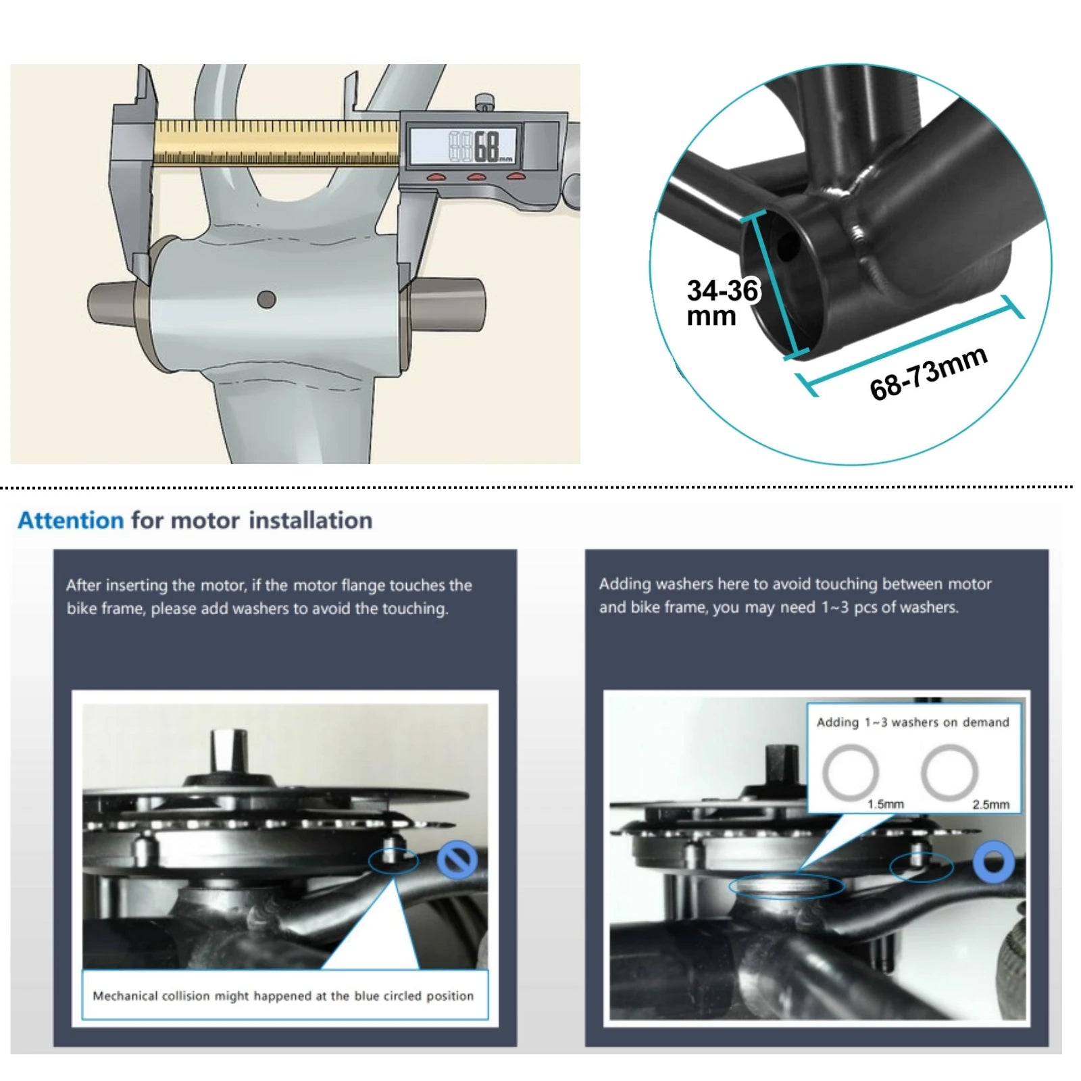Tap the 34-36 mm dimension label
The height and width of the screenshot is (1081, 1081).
(x=722, y=303)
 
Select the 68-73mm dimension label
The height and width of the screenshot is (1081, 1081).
(x=928, y=373)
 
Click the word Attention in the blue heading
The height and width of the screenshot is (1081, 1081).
(x=71, y=520)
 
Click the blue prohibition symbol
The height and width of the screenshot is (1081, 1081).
(x=457, y=860)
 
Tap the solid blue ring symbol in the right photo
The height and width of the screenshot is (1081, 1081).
(x=993, y=863)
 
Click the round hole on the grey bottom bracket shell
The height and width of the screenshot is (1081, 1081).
(x=267, y=299)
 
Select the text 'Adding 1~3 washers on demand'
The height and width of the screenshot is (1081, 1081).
(x=913, y=722)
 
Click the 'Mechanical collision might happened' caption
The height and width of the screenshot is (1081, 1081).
(x=283, y=996)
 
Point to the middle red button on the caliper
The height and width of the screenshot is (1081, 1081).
(x=477, y=177)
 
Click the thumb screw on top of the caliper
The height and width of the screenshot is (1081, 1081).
(x=483, y=102)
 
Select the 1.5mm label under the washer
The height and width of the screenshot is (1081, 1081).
(x=885, y=804)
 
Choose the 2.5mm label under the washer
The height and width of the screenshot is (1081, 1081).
(x=990, y=804)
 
